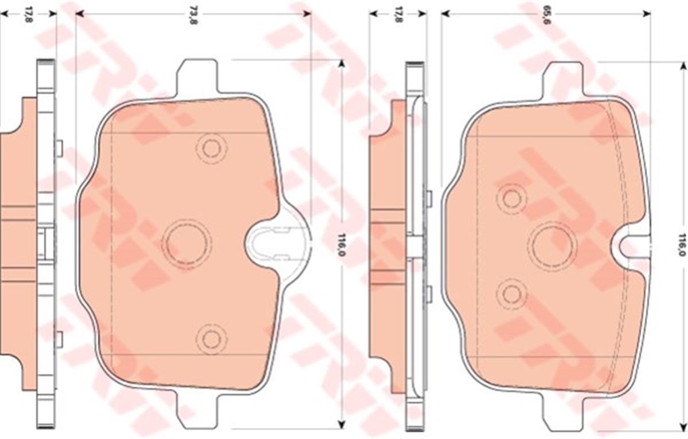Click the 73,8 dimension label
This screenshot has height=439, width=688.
click(x=193, y=15)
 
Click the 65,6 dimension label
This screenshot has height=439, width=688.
click(x=546, y=15)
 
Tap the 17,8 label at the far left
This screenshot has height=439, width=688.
click(x=29, y=15)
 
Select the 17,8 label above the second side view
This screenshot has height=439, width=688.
click(x=398, y=15)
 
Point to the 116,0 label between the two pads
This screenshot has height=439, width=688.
click(x=341, y=245)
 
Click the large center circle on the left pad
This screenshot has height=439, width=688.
click(x=187, y=244)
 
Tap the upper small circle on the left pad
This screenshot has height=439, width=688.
click(x=212, y=148)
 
